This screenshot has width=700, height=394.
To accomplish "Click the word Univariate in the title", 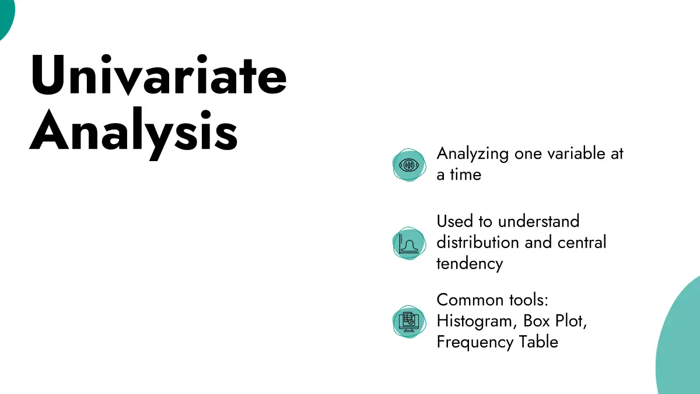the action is (x=159, y=75).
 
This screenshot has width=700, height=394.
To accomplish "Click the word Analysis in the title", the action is (x=134, y=133).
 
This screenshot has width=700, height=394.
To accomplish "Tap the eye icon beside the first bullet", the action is (x=409, y=165).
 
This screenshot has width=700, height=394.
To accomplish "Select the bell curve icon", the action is (x=409, y=243).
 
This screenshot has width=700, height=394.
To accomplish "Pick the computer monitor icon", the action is (x=409, y=322).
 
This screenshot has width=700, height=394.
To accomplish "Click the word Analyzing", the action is (x=473, y=155).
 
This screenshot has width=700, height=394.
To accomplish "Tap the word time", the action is (x=466, y=174).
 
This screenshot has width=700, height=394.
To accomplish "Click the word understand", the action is (x=539, y=221).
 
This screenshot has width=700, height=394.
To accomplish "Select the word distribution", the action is (x=478, y=242).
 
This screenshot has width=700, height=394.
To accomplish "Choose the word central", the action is (x=582, y=242).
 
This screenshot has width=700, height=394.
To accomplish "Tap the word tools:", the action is (x=528, y=299).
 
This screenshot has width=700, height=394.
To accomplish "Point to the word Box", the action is (x=536, y=321).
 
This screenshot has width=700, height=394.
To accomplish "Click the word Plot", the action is (x=571, y=321).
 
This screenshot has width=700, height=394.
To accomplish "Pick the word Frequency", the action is (x=475, y=343).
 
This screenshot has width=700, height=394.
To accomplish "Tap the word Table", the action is (x=539, y=341).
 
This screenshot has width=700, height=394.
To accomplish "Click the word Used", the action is (x=454, y=221).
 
